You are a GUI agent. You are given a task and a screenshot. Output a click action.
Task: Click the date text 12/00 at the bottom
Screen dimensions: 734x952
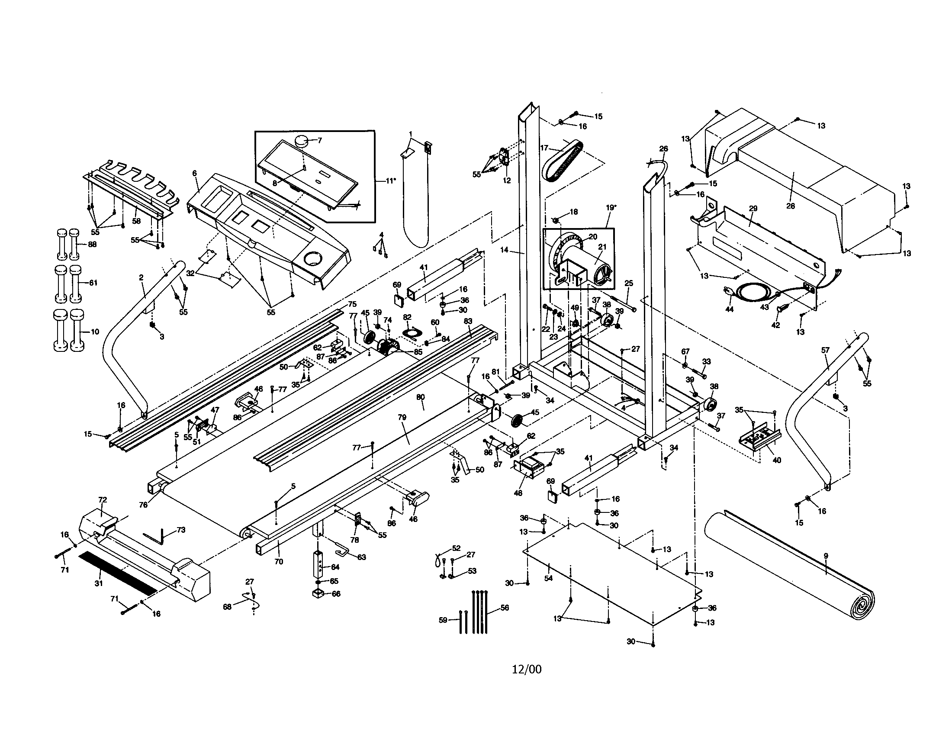pyautogui.click(x=527, y=669)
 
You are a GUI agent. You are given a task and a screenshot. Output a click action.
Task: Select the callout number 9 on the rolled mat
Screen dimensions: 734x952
pyautogui.click(x=826, y=556)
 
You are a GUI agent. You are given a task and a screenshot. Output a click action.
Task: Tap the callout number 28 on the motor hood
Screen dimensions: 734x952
pyautogui.click(x=790, y=206)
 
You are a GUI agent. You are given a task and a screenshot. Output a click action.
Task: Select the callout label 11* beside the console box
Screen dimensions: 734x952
pyautogui.click(x=391, y=180)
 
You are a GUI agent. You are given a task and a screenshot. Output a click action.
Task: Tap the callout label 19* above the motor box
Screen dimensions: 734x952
pyautogui.click(x=611, y=207)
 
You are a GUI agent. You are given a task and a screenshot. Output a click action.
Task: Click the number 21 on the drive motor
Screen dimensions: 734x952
pyautogui.click(x=602, y=247)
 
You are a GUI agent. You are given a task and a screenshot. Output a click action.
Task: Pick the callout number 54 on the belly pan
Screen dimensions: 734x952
pyautogui.click(x=548, y=578)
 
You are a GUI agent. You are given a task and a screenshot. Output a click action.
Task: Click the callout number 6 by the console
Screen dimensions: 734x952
pyautogui.click(x=194, y=173)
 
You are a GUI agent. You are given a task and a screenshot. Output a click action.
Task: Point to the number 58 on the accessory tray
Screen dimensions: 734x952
pyautogui.click(x=136, y=221)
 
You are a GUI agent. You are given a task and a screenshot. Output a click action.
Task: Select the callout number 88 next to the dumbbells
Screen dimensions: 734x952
pyautogui.click(x=92, y=244)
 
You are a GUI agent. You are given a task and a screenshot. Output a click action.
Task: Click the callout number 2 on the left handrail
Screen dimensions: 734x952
pyautogui.click(x=141, y=277)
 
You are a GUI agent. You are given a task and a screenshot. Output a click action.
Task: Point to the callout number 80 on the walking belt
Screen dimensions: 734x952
pyautogui.click(x=420, y=397)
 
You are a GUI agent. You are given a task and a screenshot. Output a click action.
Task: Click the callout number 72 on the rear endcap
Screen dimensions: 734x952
pyautogui.click(x=103, y=499)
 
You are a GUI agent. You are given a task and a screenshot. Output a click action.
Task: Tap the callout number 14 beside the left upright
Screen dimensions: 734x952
pyautogui.click(x=504, y=250)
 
